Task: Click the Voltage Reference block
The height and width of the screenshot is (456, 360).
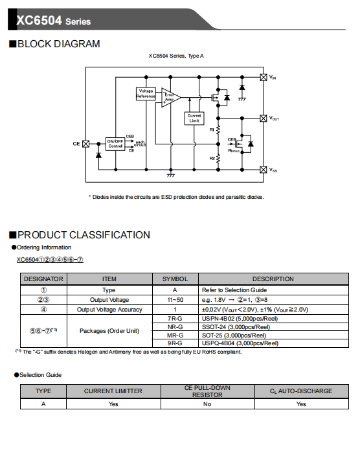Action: pos(146,93)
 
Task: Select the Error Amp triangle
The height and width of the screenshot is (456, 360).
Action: pos(170,98)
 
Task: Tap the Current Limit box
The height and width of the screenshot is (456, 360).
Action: pos(194,119)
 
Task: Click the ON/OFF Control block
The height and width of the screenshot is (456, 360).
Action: pos(115,144)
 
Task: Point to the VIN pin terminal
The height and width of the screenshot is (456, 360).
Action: pos(263,77)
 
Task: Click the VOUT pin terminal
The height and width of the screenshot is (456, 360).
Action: pos(263,119)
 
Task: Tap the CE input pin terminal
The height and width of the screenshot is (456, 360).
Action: pos(86,144)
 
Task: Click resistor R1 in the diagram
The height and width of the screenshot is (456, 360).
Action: pos(218,130)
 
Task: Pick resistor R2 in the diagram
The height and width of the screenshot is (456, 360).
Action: pos(218,158)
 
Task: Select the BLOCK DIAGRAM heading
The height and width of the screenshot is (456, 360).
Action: pos(58,44)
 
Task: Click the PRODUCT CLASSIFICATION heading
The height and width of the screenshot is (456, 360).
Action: pos(84,234)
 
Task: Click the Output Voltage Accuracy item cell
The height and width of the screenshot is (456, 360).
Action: pos(109,310)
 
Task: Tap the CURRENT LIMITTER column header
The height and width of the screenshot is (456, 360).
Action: pos(113,391)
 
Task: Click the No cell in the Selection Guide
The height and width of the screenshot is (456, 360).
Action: pos(207,404)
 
